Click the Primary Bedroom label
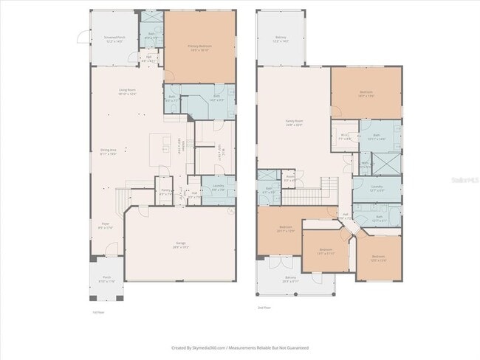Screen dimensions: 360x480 pos(199,48)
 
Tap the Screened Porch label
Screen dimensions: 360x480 pos(113,39)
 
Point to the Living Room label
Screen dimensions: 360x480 pos(128,92)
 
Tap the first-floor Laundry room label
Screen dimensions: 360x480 pos(218,188)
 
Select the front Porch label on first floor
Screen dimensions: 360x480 pos(106,280)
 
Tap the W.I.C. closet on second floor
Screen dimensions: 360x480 pos(344,136)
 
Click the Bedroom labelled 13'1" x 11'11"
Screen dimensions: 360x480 pos(326,251)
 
